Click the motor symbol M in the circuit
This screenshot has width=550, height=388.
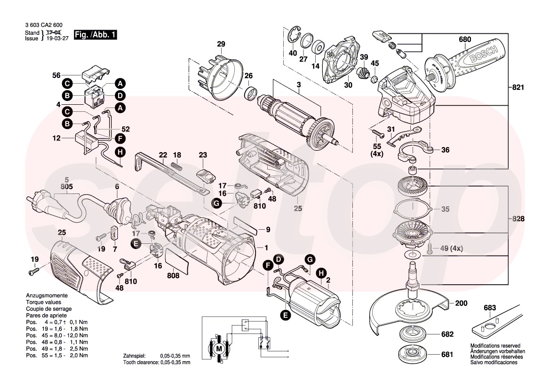(218, 348)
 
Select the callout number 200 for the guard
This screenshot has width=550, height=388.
(462, 303)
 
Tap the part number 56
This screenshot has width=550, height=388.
(56, 75)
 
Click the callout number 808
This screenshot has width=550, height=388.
(173, 276)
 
